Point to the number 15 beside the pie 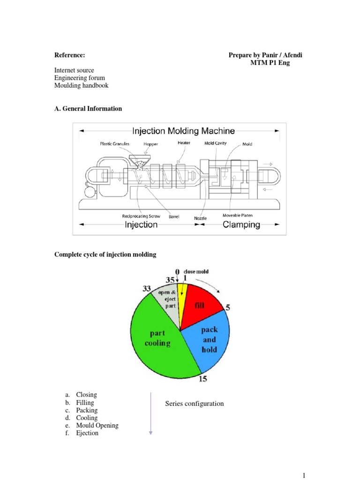[x=202, y=379]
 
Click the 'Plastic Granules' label [x=114, y=144]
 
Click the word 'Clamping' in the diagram [x=241, y=225]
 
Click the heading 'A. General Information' [x=88, y=109]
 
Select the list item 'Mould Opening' [x=97, y=426]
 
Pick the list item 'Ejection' [x=87, y=433]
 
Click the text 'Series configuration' [x=195, y=404]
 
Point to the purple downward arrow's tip [x=150, y=434]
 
